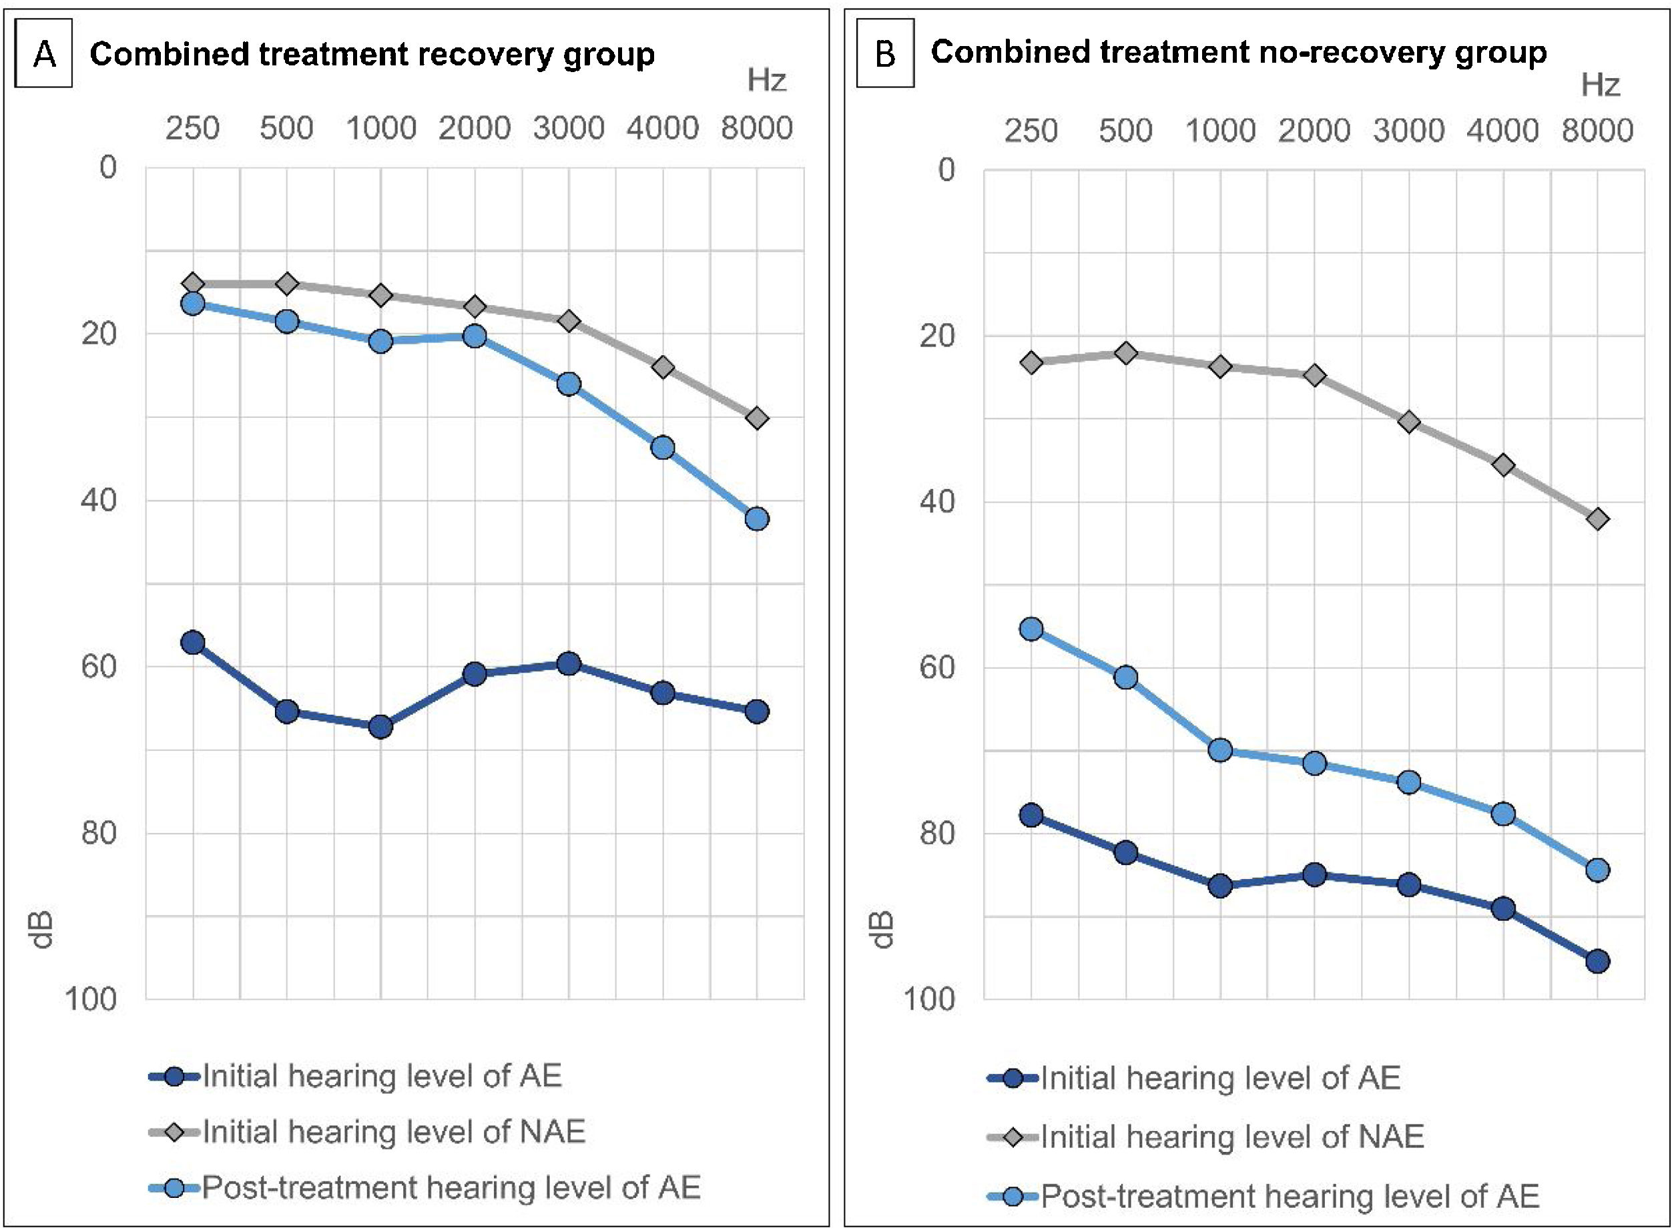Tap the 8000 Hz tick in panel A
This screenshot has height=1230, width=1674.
point(757,128)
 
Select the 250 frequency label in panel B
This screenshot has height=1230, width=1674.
point(1031,131)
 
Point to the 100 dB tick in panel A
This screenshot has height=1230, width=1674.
point(90,998)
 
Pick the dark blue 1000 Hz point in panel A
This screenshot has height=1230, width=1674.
point(380,726)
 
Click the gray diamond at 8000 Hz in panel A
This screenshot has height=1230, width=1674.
point(757,418)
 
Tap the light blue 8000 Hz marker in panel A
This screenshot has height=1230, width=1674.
point(757,518)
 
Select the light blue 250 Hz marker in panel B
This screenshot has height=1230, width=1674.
point(1031,629)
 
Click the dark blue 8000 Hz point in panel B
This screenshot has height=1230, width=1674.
point(1597,962)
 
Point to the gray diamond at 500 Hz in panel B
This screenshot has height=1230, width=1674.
point(1126,353)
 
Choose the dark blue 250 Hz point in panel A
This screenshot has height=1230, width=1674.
point(193,643)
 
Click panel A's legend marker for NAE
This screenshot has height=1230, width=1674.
point(175,1133)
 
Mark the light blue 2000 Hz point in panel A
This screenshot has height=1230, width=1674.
point(475,336)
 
